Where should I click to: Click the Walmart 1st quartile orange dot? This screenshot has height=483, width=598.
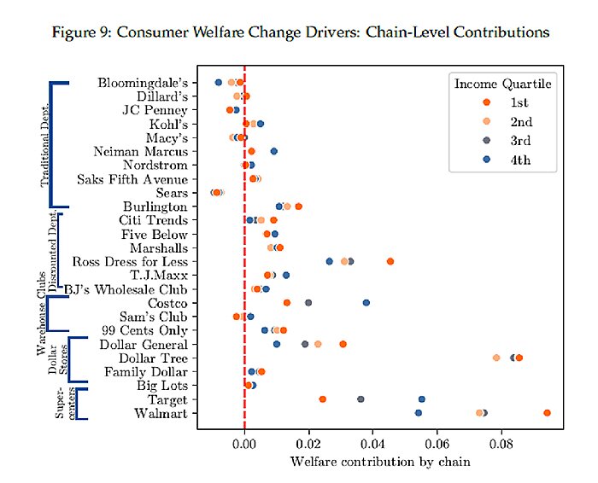[547, 413]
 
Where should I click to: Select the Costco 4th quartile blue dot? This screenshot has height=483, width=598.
[366, 303]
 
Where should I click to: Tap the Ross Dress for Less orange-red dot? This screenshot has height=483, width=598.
[390, 261]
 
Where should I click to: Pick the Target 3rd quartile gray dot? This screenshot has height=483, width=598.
[361, 399]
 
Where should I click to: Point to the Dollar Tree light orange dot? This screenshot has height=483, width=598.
[496, 358]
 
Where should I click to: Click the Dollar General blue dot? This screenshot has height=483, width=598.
[277, 344]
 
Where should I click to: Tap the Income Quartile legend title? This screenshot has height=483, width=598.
[502, 84]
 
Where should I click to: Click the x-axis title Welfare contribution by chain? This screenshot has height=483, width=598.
[380, 462]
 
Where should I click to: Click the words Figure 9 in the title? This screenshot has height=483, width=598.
[80, 32]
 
